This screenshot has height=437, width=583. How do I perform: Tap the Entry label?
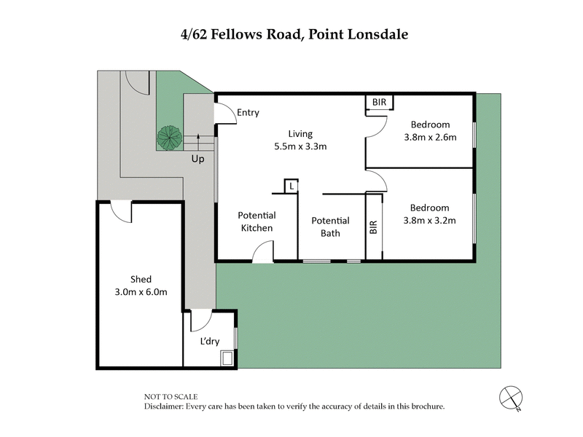click(x=248, y=112)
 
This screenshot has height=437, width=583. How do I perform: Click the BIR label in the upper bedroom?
click(x=379, y=103)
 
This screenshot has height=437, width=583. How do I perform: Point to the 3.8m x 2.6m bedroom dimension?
click(x=429, y=137)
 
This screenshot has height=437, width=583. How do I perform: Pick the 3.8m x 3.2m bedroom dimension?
click(x=429, y=220)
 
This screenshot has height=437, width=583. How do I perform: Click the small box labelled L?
click(x=291, y=186)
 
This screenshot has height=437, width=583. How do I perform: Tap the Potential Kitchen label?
click(x=257, y=221)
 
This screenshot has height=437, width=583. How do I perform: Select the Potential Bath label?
click(x=330, y=227)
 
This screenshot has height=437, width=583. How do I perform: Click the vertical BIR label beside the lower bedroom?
click(x=374, y=227)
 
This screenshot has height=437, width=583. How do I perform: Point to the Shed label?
click(x=141, y=280)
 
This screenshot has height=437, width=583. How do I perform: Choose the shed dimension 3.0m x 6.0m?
click(x=141, y=292)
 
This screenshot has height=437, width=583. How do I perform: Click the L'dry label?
click(x=209, y=341)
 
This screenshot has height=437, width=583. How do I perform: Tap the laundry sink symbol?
click(x=227, y=358)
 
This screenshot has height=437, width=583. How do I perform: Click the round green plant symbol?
click(x=169, y=136)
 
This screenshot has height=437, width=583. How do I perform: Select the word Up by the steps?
click(x=197, y=158)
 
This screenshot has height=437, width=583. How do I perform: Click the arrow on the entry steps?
click(x=198, y=140)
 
